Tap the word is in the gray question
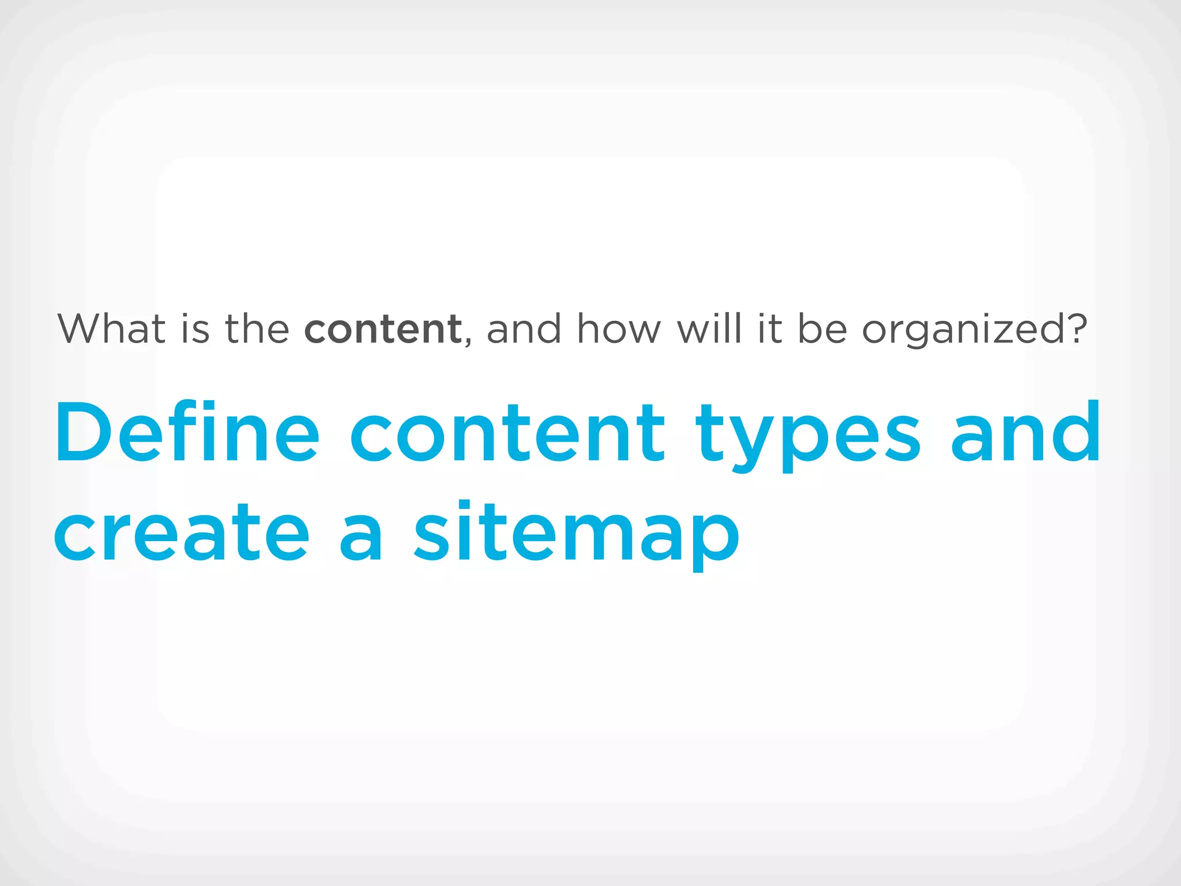pos(195,329)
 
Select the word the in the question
pos(257,329)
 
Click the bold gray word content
pos(383,329)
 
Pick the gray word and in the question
pos(524,329)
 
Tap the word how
pos(619,329)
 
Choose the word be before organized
pos(822,329)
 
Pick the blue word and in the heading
pos(1025,433)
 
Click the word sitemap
pos(577,534)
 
